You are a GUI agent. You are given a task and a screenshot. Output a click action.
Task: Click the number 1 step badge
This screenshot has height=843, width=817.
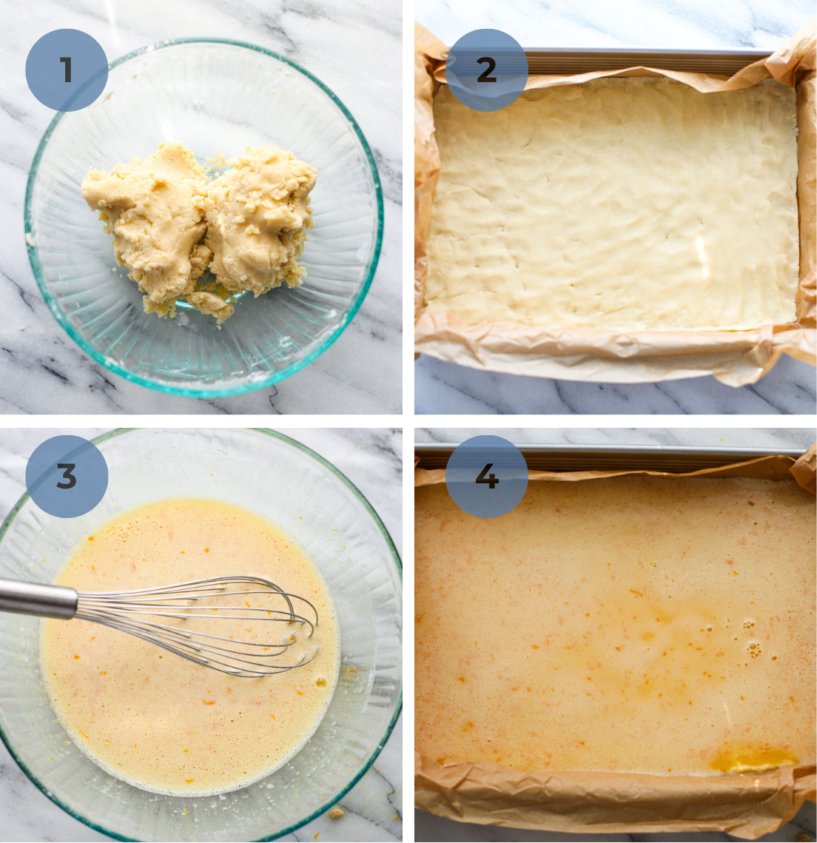[x=67, y=70]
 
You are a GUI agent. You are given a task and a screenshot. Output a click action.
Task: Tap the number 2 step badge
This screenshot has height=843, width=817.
[x=486, y=70]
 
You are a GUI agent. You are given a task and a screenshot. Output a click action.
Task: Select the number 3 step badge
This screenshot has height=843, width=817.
[x=67, y=477]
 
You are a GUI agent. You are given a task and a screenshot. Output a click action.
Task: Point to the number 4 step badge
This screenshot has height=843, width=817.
[x=486, y=477]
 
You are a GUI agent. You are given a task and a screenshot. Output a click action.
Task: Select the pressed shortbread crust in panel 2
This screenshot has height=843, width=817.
[x=614, y=207]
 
